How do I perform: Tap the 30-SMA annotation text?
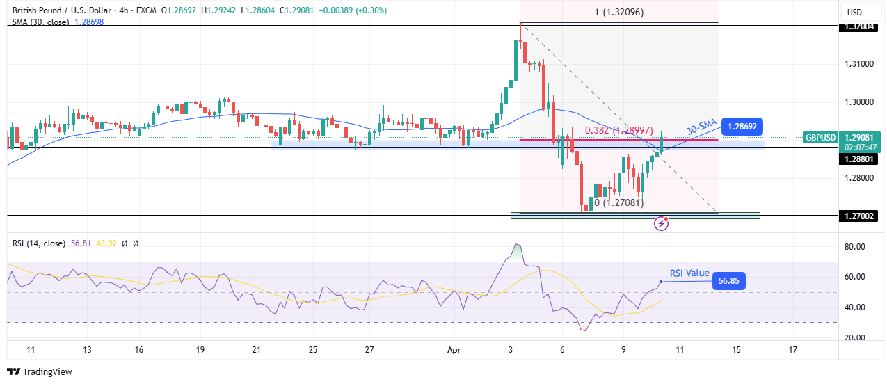(x=702, y=127)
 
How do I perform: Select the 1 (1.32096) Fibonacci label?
(x=618, y=12)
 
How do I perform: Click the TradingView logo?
(x=40, y=372)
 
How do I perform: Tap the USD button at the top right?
(x=854, y=12)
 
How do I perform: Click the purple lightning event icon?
(x=661, y=223)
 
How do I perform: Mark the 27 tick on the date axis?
(x=369, y=350)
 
